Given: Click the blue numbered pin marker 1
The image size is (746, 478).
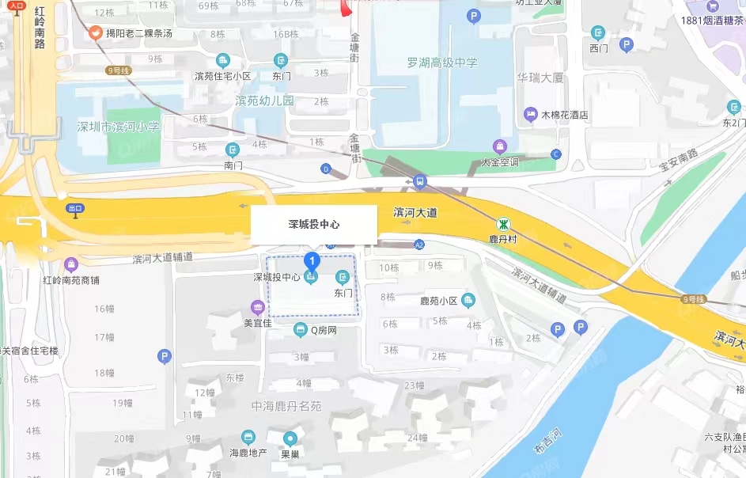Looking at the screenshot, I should click(312, 260).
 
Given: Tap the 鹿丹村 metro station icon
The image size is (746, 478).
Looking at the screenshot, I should click(503, 224).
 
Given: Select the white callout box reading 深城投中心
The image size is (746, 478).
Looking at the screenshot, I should click(314, 225).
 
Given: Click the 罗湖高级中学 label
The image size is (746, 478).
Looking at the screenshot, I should click(443, 63).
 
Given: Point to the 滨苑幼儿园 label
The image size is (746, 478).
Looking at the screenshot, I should click(264, 101).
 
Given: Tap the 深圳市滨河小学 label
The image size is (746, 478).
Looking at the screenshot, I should click(119, 127).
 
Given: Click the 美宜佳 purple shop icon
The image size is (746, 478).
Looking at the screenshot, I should click(257, 307).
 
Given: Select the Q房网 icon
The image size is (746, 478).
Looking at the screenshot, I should click(300, 329).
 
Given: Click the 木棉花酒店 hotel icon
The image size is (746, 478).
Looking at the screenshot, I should click(531, 115).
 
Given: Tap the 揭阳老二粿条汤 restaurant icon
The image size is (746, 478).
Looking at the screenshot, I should click(96, 32).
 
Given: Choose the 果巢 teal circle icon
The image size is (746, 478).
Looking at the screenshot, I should click(290, 438).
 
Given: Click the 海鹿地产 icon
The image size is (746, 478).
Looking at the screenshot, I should click(248, 437).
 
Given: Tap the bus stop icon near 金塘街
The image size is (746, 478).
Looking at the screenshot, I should click(420, 181).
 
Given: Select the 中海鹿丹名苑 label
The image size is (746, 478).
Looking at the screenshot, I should click(287, 406).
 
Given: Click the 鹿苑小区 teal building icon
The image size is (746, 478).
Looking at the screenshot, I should click(468, 300).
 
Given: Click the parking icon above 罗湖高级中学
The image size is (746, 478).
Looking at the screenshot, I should click(474, 15).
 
